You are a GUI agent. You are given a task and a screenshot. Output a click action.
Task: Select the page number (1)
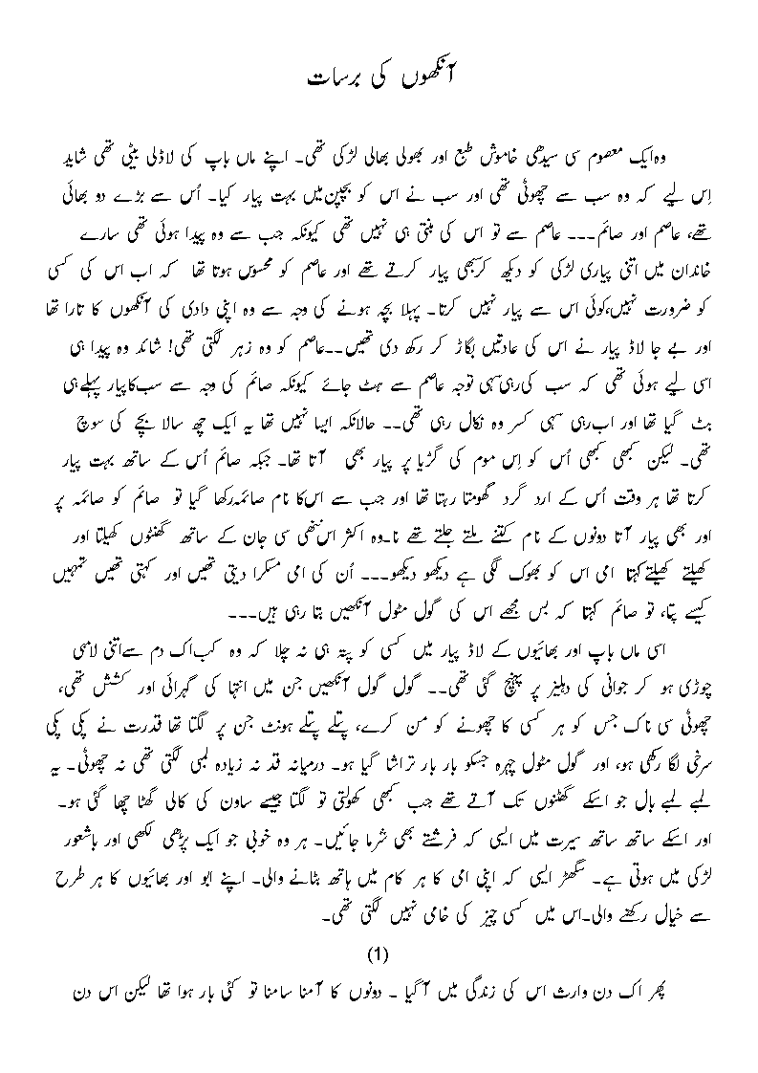coord(379,953)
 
